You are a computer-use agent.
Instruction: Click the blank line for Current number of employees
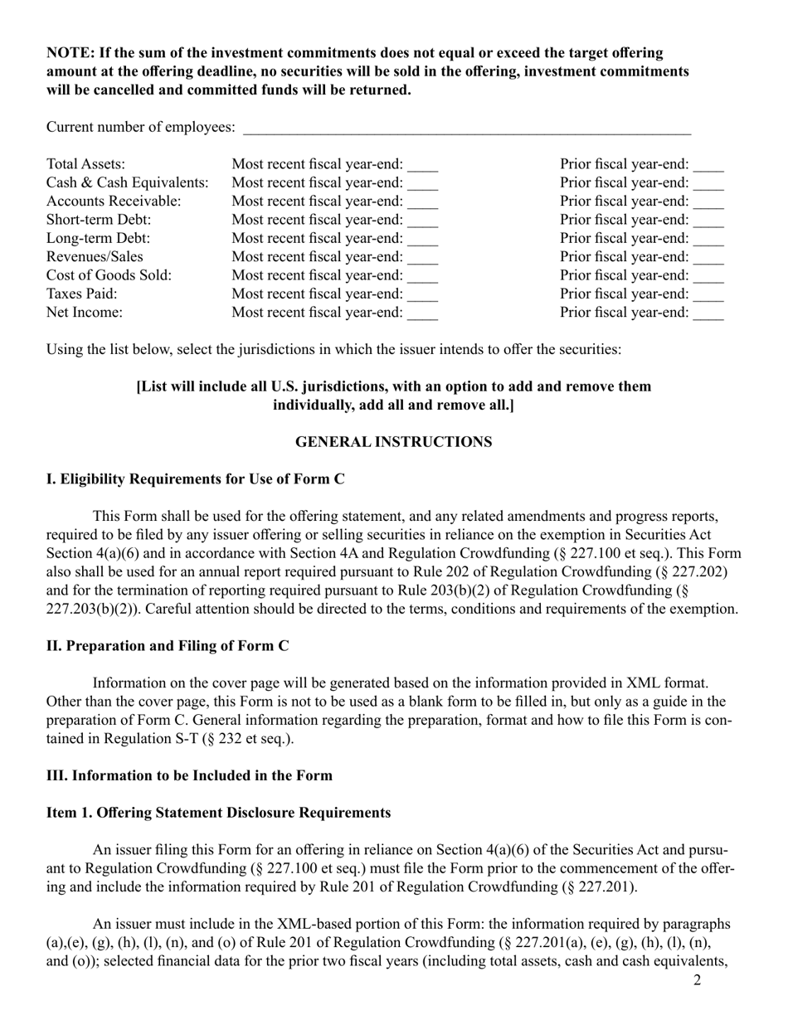466,129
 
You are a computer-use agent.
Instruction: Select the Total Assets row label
86,164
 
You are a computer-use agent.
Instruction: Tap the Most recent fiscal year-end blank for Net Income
422,314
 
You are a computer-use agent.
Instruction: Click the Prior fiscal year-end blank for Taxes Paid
708,296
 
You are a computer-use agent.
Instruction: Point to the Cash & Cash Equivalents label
128,182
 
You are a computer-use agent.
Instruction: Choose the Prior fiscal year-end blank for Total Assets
708,167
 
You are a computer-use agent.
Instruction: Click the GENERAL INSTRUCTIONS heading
393,442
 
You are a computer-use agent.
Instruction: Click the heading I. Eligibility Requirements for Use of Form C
196,479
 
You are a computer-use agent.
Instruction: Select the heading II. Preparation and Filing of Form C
168,646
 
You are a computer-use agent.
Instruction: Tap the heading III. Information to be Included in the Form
189,776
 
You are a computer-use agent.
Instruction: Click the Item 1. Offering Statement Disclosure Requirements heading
218,813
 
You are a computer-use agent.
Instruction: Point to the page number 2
697,981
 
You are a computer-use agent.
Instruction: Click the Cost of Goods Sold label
109,275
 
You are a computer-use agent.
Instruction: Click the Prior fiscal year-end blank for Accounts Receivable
708,204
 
